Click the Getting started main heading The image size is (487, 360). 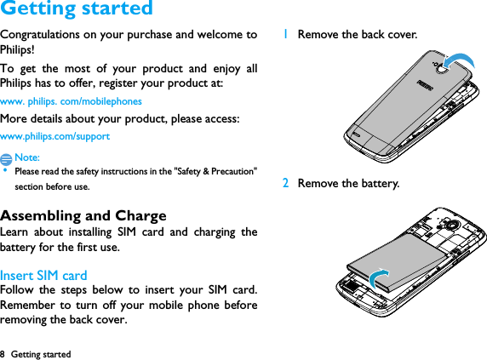[x=77, y=9]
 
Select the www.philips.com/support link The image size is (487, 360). [x=55, y=136]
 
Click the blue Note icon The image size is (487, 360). [x=7, y=158]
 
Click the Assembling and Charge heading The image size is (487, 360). [x=83, y=215]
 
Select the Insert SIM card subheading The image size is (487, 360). [x=43, y=275]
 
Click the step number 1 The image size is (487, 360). [x=286, y=35]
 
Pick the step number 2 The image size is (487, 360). [x=286, y=183]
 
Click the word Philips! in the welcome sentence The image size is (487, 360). [x=17, y=49]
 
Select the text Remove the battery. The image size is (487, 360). [x=347, y=183]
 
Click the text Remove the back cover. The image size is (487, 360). [x=357, y=35]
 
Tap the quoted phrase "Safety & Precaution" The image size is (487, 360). [x=214, y=171]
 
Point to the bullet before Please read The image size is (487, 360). [x=6, y=170]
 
